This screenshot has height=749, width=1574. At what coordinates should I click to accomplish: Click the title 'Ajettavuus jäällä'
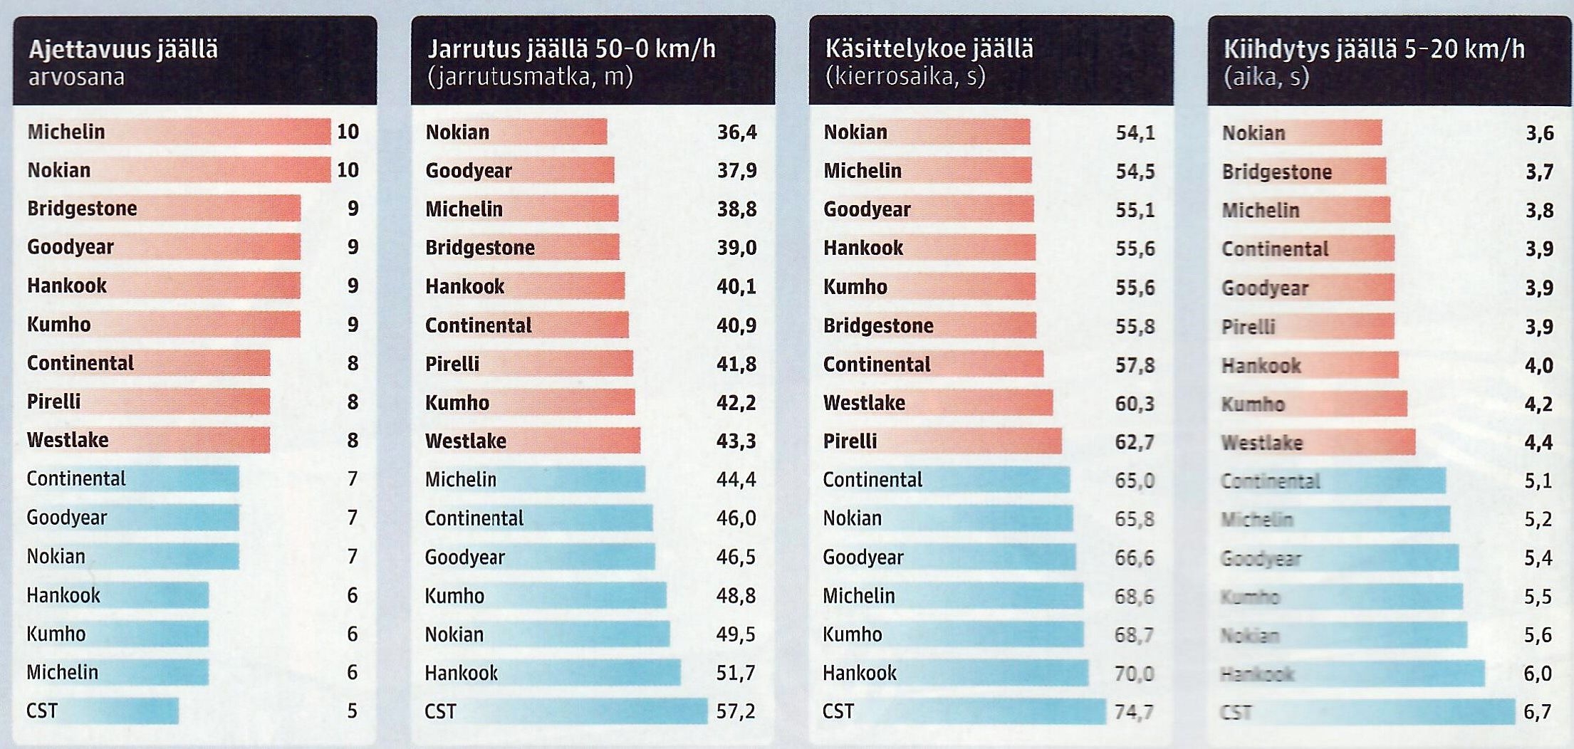coord(123,50)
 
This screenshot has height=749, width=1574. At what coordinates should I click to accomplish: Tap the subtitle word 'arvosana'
coord(76,77)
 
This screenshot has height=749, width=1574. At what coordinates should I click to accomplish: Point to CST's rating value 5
coord(352,711)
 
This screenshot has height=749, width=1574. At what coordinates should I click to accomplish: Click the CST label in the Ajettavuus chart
coord(42,711)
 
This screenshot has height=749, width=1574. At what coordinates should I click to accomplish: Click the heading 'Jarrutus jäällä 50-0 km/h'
coord(571,49)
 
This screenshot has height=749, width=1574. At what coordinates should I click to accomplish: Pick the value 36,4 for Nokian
coord(736,132)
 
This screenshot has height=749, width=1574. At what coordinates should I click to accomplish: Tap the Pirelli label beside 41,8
coord(452,364)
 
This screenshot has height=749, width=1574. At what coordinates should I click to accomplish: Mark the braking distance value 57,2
coord(736,711)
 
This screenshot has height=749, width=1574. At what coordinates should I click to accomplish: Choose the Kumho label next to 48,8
coord(454,595)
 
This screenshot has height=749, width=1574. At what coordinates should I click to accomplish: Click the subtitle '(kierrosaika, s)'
coord(905,76)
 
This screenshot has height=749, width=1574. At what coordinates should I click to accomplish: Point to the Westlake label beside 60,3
coord(864,403)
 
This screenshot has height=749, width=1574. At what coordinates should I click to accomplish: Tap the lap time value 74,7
coord(1134,711)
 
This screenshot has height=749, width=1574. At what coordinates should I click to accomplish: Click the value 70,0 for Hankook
coord(1134,673)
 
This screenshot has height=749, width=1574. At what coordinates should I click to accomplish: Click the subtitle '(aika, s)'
coord(1266,76)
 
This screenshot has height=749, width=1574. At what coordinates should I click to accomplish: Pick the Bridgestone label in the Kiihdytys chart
coord(1277,172)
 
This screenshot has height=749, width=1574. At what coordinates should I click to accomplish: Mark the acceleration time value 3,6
coord(1539,133)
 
